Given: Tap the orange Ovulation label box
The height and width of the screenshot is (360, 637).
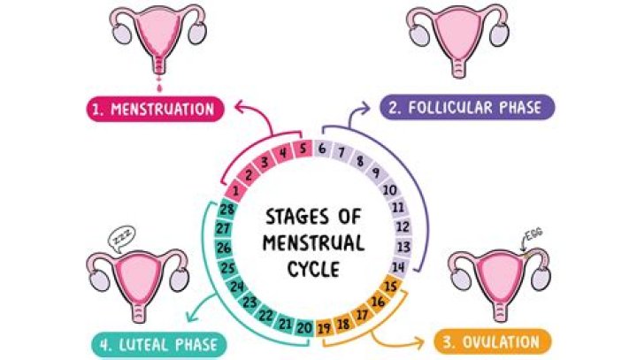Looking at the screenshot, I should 493,341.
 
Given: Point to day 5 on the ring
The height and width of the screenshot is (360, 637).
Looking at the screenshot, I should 303,149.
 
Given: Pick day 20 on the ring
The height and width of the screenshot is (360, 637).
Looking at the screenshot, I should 303,328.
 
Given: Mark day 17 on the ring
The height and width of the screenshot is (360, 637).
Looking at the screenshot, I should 361,314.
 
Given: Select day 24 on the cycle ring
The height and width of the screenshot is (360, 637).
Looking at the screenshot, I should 236,287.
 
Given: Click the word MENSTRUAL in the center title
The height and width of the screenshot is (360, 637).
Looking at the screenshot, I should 315,240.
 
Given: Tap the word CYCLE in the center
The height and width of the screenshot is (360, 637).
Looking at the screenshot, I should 313,266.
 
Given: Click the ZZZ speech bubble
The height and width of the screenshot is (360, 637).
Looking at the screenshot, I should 119,237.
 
